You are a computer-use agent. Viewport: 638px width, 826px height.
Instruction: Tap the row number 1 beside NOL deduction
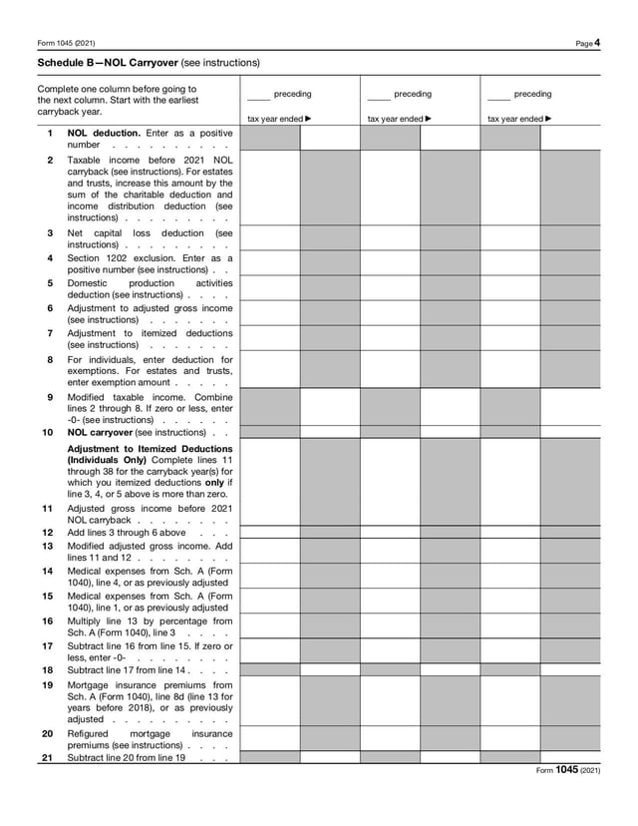50,132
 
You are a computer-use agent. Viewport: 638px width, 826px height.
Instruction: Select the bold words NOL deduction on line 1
104,132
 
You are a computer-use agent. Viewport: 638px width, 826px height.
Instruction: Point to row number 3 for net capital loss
50,232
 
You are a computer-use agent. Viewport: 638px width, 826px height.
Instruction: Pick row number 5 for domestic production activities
50,282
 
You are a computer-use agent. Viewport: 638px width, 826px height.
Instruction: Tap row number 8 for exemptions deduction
50,359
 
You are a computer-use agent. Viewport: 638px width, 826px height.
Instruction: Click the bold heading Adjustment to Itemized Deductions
150,449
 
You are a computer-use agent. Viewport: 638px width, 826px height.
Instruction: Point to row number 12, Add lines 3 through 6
47,533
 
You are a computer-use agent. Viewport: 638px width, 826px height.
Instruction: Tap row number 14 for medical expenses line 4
47,570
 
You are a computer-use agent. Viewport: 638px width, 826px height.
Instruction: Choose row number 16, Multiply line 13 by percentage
47,620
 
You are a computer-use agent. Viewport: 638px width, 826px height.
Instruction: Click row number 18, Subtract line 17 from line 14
47,670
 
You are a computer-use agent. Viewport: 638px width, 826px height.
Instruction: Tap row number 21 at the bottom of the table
47,757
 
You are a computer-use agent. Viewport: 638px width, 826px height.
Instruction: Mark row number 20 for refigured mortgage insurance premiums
47,733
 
